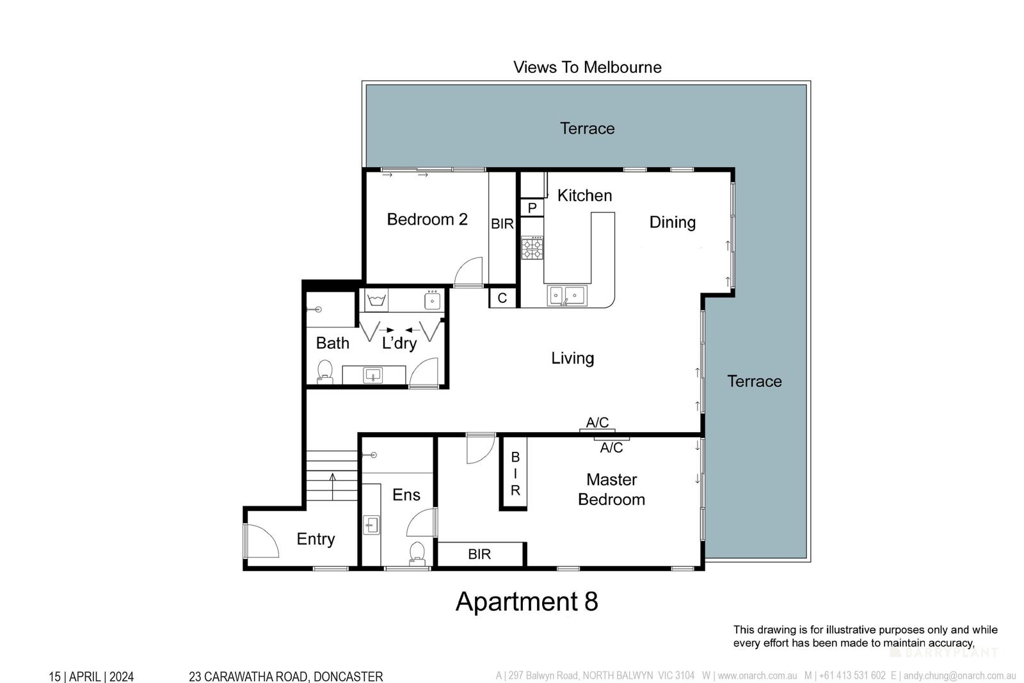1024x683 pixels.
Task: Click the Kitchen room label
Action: (x=584, y=195)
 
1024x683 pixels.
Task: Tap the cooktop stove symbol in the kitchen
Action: (x=532, y=248)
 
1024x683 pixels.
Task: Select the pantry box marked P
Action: (x=532, y=208)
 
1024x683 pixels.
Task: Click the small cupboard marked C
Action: (x=502, y=298)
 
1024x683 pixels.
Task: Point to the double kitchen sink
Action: (x=566, y=296)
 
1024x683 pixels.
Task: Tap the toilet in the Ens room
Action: (x=417, y=553)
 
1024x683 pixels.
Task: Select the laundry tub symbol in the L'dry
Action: (x=375, y=299)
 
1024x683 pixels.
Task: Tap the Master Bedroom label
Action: (x=611, y=489)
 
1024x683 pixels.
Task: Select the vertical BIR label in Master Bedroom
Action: (x=515, y=474)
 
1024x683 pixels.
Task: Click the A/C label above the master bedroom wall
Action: (x=597, y=422)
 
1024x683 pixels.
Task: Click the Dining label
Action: (x=672, y=222)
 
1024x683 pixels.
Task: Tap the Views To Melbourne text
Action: (x=587, y=67)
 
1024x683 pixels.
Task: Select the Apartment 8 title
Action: (x=526, y=602)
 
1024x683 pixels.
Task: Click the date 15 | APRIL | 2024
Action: (x=92, y=676)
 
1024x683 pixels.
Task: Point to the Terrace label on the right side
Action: (x=754, y=382)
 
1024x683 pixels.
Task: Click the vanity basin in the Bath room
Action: (x=372, y=375)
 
